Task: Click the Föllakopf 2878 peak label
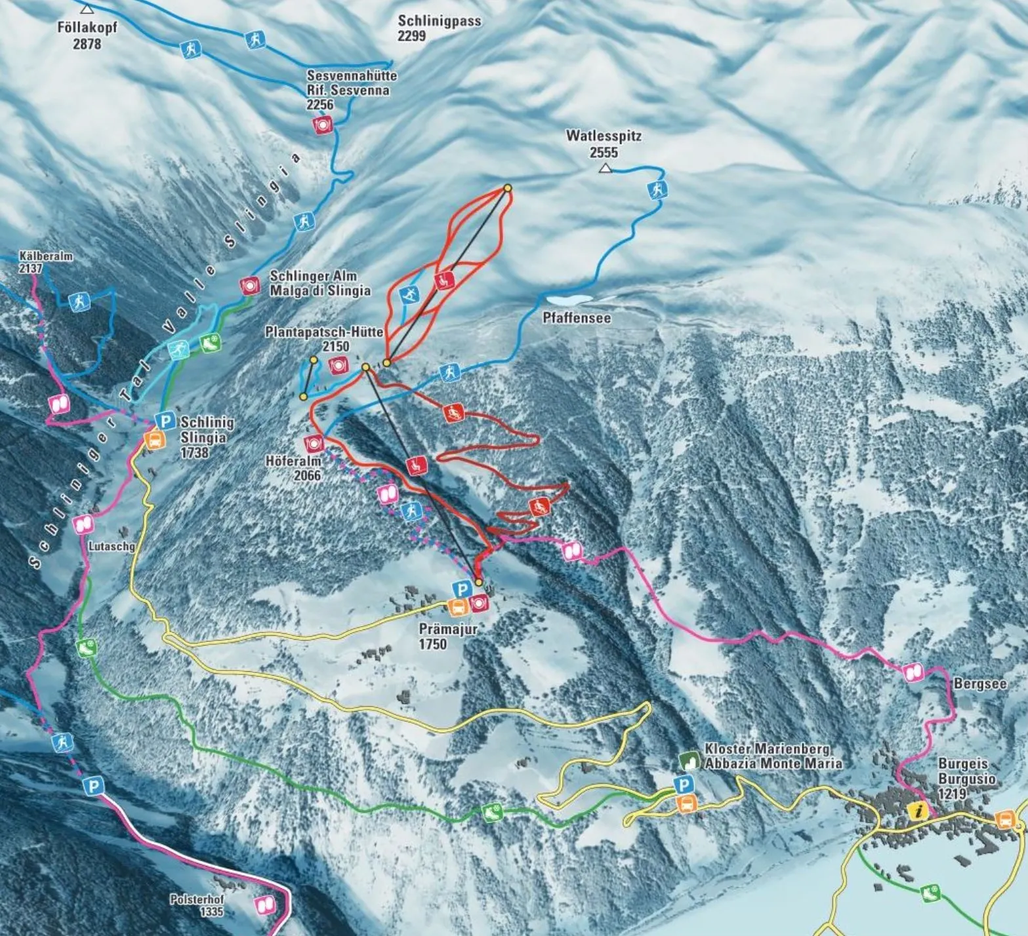pyautogui.click(x=87, y=35)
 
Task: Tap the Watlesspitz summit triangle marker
pyautogui.click(x=606, y=169)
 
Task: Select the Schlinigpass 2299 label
pyautogui.click(x=439, y=28)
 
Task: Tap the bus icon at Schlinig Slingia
pyautogui.click(x=155, y=440)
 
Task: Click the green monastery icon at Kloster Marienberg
pyautogui.click(x=689, y=760)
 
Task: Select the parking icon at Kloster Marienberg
pyautogui.click(x=684, y=785)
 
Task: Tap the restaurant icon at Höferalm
pyautogui.click(x=314, y=444)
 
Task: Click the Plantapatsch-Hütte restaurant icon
pyautogui.click(x=339, y=366)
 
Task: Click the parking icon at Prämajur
pyautogui.click(x=462, y=589)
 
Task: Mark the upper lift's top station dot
pyautogui.click(x=507, y=188)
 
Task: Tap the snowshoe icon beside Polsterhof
pyautogui.click(x=265, y=905)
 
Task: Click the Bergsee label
pyautogui.click(x=979, y=684)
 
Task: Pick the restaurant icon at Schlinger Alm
pyautogui.click(x=249, y=286)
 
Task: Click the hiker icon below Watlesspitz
pyautogui.click(x=657, y=191)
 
